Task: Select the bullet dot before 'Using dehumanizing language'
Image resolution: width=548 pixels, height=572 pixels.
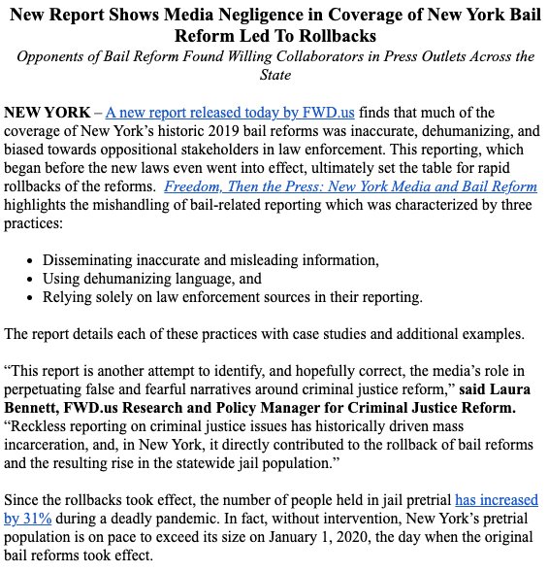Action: click(x=31, y=280)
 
